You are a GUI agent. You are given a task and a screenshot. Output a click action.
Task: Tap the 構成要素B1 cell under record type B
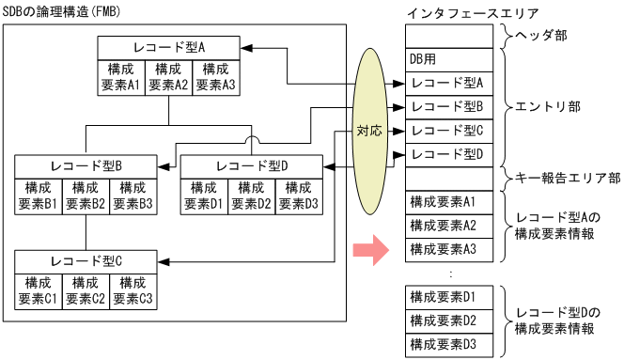tap(39, 195)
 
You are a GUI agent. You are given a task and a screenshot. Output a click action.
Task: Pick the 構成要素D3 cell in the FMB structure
tap(299, 195)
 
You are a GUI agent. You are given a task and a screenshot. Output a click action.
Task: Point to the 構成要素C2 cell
tap(86, 290)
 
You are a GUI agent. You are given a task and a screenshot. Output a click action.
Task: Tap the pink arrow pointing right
tap(368, 250)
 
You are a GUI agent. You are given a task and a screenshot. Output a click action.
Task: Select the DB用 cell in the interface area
tap(447, 59)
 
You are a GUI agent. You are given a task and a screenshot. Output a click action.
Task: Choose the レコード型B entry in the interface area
tap(447, 106)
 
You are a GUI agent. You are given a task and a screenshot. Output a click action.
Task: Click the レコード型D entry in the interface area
tap(447, 153)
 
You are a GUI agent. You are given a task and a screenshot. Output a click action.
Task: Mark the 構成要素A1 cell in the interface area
tap(447, 202)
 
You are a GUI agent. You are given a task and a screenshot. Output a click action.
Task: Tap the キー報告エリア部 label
tap(563, 177)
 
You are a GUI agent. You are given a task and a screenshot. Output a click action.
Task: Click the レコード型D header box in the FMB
tap(252, 165)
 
